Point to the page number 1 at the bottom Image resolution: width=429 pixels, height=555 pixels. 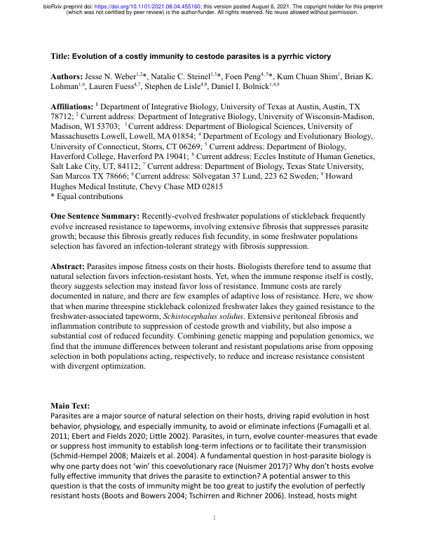coord(214,538)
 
